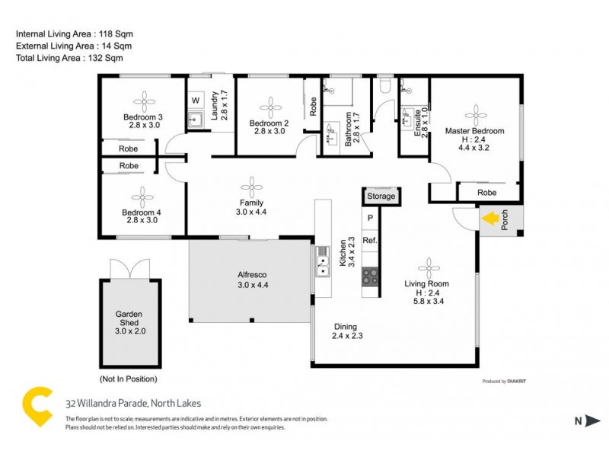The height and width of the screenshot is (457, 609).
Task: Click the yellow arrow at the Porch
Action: click(x=492, y=219)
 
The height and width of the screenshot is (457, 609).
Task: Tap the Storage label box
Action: click(x=381, y=197)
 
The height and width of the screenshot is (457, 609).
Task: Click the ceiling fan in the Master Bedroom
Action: click(x=476, y=114)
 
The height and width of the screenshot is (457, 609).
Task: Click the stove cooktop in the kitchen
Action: click(x=370, y=276)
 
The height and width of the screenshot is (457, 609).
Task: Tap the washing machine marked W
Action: click(x=196, y=101)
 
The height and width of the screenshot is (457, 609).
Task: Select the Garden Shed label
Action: click(x=129, y=318)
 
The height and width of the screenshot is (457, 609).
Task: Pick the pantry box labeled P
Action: click(x=371, y=219)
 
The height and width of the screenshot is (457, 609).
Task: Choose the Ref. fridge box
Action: click(x=370, y=241)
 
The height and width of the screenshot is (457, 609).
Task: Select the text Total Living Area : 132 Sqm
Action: click(x=69, y=57)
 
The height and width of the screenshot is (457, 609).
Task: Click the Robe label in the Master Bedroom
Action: click(x=487, y=193)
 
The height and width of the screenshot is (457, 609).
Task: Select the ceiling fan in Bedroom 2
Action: click(x=270, y=105)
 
